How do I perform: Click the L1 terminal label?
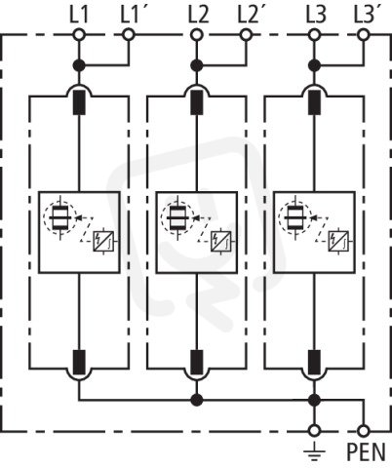[79, 16]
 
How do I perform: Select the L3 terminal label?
[316, 16]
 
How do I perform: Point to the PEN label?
[366, 451]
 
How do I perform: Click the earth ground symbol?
[314, 454]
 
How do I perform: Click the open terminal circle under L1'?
[129, 34]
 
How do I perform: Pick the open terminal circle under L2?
[196, 34]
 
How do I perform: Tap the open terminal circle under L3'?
[363, 34]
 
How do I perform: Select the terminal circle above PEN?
[364, 431]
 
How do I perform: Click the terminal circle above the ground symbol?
[314, 431]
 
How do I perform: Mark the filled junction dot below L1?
[79, 65]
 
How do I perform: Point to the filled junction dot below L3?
[314, 65]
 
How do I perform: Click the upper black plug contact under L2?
[196, 102]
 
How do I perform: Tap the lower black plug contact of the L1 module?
[79, 362]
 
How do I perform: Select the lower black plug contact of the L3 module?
[314, 362]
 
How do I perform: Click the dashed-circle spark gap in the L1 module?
[60, 216]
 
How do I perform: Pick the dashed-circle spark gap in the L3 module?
[295, 216]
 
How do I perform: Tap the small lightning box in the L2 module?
[220, 242]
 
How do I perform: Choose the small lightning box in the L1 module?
[103, 242]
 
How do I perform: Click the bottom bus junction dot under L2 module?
[196, 400]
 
